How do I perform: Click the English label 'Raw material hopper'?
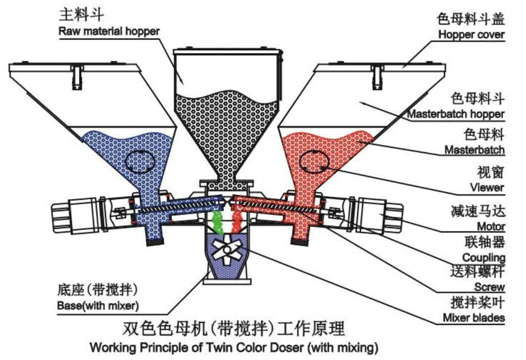pyautogui.click(x=109, y=31)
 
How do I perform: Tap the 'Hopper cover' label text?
pyautogui.click(x=472, y=35)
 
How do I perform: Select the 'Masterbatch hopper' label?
pyautogui.click(x=455, y=114)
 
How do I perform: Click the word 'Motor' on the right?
pyautogui.click(x=490, y=226)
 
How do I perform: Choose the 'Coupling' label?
pyautogui.click(x=483, y=257)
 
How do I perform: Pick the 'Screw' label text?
pyautogui.click(x=490, y=287)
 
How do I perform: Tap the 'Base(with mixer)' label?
pyautogui.click(x=97, y=305)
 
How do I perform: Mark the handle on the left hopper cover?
pyautogui.click(x=77, y=77)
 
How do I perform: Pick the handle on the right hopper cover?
pyautogui.click(x=378, y=77)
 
